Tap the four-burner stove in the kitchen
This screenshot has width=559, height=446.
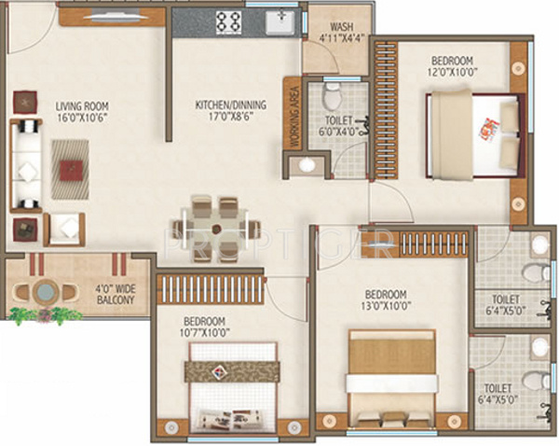point(229,21)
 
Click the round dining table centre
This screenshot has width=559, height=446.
point(215,227)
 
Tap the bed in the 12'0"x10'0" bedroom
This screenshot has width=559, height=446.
point(473,134)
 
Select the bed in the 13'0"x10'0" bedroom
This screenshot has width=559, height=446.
point(390,378)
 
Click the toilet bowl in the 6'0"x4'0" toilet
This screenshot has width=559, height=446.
point(333,95)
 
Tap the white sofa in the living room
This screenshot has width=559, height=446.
point(27,169)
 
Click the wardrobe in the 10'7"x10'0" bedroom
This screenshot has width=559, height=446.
point(210,288)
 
